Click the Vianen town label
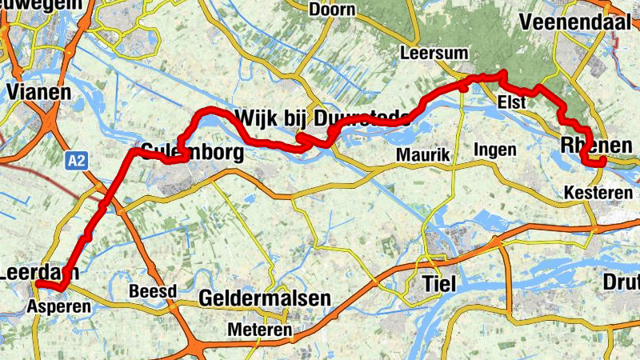[x=38, y=91]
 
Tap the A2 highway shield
[x=76, y=162]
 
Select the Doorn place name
[x=331, y=10]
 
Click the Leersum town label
[x=427, y=54]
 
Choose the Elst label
[x=510, y=102]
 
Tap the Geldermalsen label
[x=264, y=298]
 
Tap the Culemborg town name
[x=191, y=150]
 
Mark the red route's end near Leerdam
[x=38, y=285]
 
